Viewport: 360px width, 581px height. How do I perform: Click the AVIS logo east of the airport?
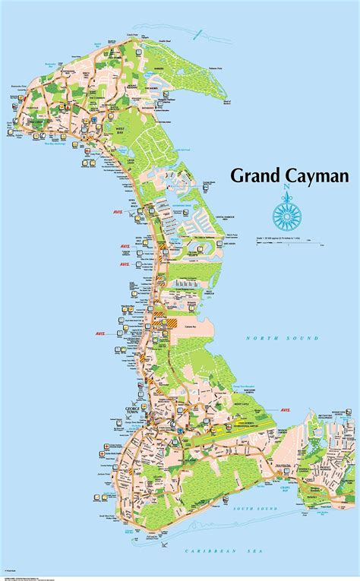click(285, 409)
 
